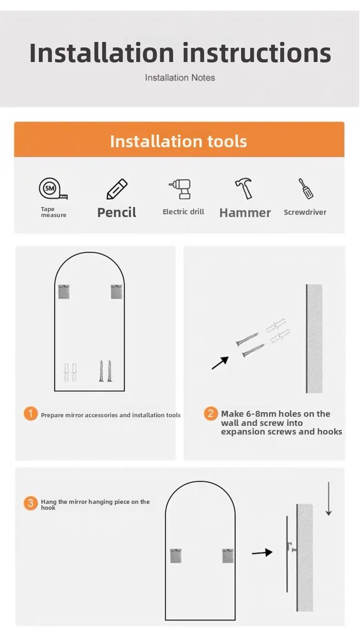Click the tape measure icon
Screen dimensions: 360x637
tap(53, 188)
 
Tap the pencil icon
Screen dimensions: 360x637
tap(117, 189)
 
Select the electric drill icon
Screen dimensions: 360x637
tap(180, 189)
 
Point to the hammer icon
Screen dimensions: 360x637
tap(244, 188)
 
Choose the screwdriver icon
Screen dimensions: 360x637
tap(306, 188)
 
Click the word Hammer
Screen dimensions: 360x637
tap(245, 212)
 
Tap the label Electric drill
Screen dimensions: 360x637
tap(183, 212)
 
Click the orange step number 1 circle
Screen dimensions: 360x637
tap(31, 414)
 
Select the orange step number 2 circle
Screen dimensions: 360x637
tap(211, 414)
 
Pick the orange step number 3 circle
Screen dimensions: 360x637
tap(31, 503)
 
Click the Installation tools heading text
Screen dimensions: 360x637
tap(179, 141)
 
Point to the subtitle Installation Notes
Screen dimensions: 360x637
tap(180, 78)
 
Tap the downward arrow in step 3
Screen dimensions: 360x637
tap(329, 499)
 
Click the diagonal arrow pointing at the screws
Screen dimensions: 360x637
tap(220, 363)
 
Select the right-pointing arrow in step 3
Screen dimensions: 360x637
tap(262, 553)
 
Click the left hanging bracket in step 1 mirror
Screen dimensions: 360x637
tap(64, 291)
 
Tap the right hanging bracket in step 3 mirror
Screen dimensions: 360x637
tap(228, 556)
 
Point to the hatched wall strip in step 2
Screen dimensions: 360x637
tap(314, 339)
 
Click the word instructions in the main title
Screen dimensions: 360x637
tap(257, 53)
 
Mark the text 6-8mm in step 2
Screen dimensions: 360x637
tap(257, 414)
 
